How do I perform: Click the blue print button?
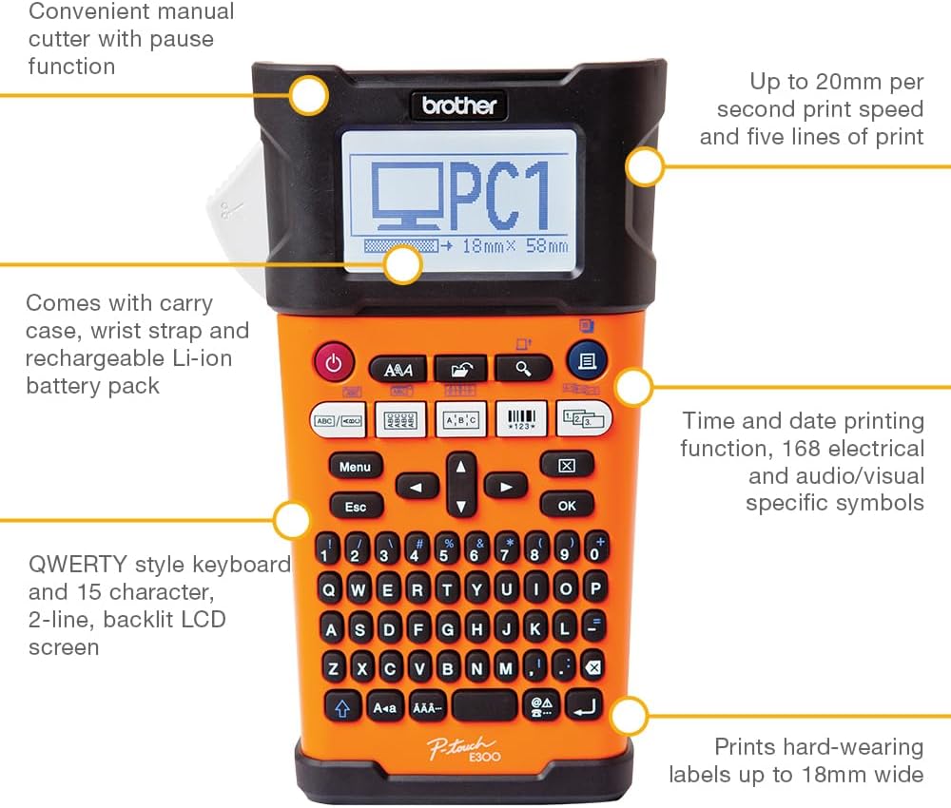586,361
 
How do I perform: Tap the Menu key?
356,467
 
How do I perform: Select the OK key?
567,505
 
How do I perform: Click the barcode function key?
521,419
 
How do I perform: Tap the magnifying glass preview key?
523,368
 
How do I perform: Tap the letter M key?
506,667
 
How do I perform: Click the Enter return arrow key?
584,705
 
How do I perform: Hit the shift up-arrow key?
342,707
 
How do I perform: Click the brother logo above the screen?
459,106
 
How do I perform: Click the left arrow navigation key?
417,487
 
